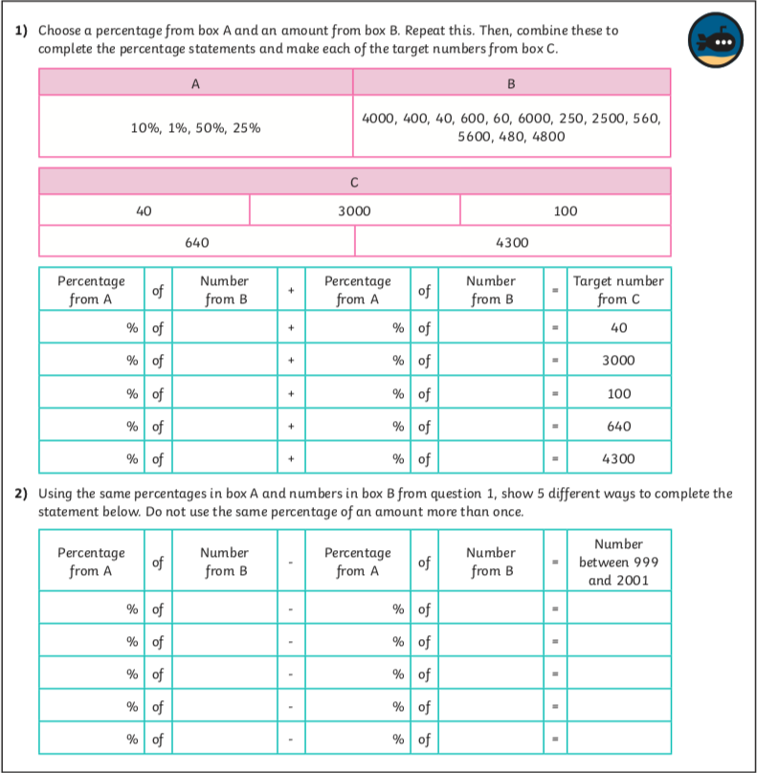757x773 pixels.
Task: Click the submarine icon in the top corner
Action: tap(714, 39)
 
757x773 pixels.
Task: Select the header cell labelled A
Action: tap(195, 83)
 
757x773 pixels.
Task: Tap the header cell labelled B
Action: tap(511, 83)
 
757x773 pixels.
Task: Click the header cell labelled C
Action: tap(354, 180)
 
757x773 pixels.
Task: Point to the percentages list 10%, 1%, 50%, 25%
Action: tap(195, 127)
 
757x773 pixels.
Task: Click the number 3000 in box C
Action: tap(354, 210)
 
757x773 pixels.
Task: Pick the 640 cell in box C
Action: tap(196, 242)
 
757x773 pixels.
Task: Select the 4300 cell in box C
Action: tap(512, 242)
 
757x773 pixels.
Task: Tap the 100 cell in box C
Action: tap(566, 210)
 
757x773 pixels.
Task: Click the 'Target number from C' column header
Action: tap(617, 290)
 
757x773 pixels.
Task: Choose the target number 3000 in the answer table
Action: tap(617, 361)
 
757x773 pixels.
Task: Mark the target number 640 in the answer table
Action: tap(617, 426)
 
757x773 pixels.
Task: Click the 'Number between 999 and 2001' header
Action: tap(617, 562)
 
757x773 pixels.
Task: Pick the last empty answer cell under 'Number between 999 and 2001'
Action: tap(617, 739)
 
